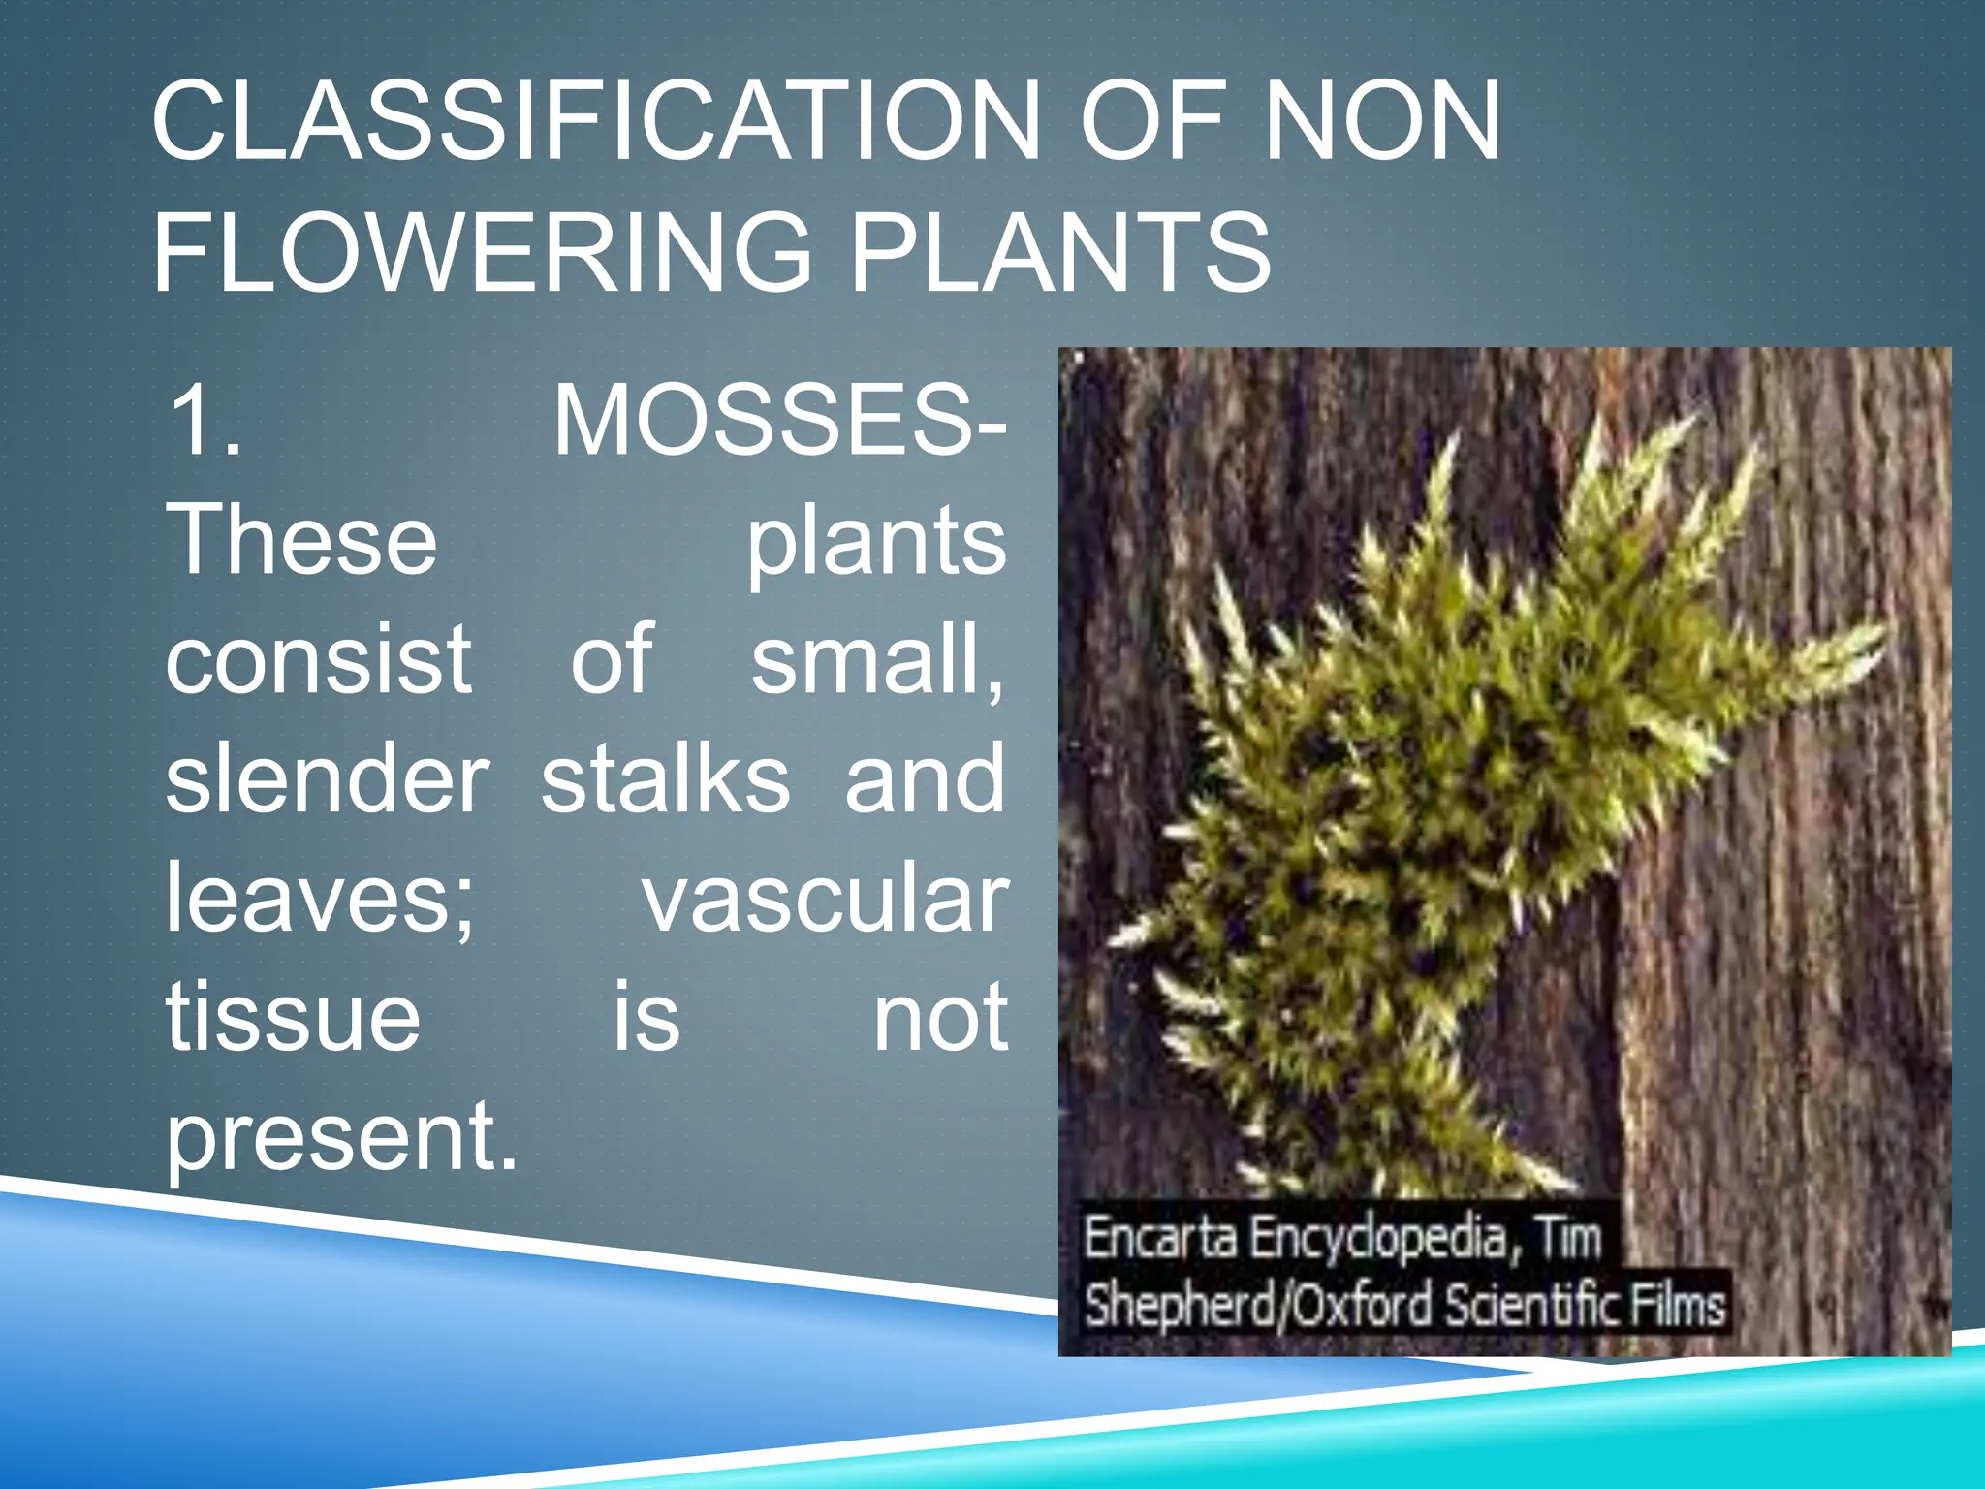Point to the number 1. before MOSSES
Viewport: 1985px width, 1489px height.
click(x=205, y=421)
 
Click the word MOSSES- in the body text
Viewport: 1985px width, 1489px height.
click(x=780, y=421)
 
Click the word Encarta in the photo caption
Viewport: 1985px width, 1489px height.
click(x=1158, y=1238)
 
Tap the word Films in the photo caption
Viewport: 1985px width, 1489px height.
click(x=1677, y=1305)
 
